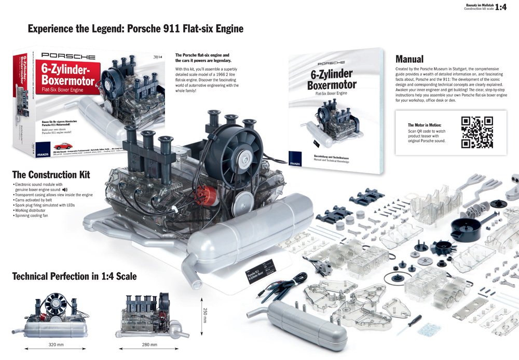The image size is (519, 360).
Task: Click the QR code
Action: pyautogui.click(x=477, y=133)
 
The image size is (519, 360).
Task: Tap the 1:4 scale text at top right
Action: pyautogui.click(x=501, y=7)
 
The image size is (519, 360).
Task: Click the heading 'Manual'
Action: pyautogui.click(x=409, y=59)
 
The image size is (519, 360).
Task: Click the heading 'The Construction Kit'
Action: pyautogui.click(x=51, y=174)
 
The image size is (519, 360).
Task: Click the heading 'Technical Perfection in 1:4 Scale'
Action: pyautogui.click(x=74, y=276)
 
